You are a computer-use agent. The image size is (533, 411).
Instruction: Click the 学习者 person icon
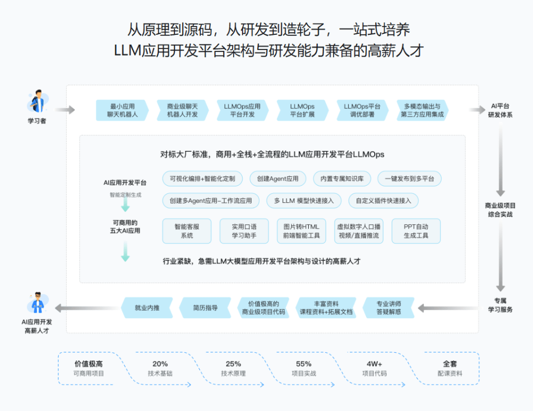point(37,101)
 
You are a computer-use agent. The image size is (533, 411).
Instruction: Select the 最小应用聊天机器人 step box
point(122,110)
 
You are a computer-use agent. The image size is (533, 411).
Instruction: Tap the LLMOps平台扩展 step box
point(302,110)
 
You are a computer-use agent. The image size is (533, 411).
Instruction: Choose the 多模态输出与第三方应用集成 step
point(422,110)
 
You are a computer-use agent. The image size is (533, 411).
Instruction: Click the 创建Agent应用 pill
point(278,178)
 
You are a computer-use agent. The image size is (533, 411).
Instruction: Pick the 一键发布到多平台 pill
point(409,178)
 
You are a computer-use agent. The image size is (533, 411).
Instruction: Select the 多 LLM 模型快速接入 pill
point(304,201)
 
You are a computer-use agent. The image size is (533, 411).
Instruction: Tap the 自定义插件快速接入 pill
point(384,201)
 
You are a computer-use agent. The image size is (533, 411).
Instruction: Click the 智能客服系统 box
point(187,231)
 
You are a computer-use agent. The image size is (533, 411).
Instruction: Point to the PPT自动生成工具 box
point(416,231)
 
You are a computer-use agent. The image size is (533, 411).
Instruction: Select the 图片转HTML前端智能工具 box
point(301,231)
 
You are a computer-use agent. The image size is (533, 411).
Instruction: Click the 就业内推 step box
point(147,308)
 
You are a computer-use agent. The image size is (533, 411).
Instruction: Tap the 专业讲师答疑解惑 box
point(388,308)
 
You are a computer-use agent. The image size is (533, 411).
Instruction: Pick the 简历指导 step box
point(205,308)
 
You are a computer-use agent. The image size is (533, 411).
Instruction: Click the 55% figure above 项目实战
point(303,364)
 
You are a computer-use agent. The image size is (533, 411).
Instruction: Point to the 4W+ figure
point(374,364)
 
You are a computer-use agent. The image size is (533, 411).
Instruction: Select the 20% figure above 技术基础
point(160,364)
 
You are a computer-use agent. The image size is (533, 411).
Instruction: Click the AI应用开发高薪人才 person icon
point(37,303)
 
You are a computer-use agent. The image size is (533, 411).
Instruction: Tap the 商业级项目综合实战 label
point(500,210)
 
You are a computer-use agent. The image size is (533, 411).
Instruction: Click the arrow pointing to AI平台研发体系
point(477,110)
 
